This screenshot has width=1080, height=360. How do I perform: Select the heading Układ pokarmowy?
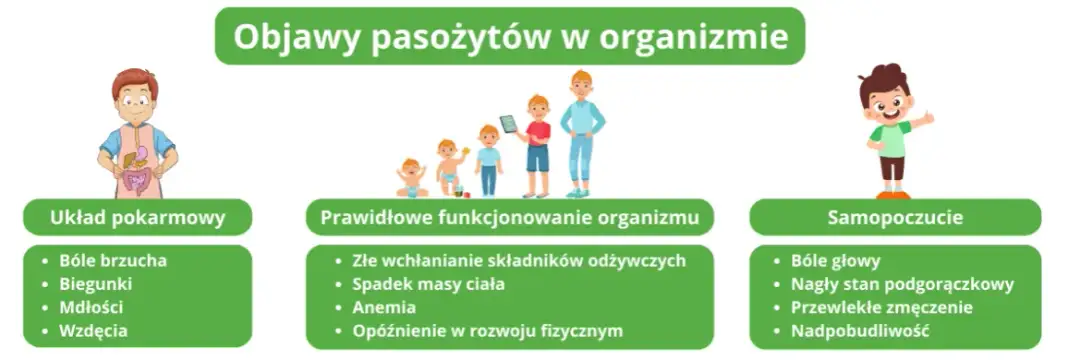coord(138,216)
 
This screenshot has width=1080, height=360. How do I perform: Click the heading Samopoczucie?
coord(895,216)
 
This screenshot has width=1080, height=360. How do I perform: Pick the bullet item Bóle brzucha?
coord(113,261)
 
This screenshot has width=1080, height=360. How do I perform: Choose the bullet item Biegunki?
coord(96,284)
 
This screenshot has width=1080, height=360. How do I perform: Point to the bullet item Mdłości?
coord(92,307)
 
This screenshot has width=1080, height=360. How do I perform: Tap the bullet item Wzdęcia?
coord(93,330)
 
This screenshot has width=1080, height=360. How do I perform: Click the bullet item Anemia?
coord(384,307)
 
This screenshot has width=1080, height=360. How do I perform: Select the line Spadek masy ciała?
coord(428,284)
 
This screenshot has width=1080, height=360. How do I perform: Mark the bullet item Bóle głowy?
coord(835,261)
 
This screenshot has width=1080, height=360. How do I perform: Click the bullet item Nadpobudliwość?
coord(860,330)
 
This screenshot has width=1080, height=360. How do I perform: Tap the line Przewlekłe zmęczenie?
coord(881,307)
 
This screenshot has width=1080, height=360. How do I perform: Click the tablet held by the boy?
coord(510,124)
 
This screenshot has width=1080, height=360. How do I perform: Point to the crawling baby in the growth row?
coord(411,179)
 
